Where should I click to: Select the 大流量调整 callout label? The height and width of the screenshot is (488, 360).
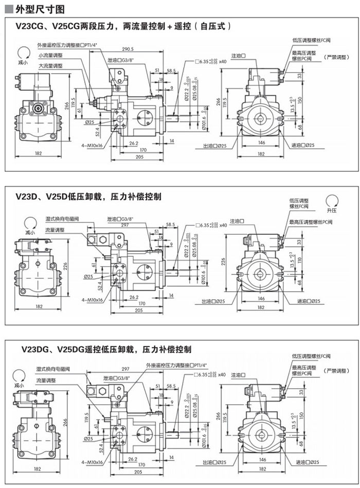click(x=50, y=66)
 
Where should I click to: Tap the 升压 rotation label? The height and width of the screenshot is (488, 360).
click(x=332, y=211)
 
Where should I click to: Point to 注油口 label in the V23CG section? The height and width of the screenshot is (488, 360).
click(x=237, y=55)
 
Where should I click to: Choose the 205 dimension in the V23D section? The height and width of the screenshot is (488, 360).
click(x=138, y=311)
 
